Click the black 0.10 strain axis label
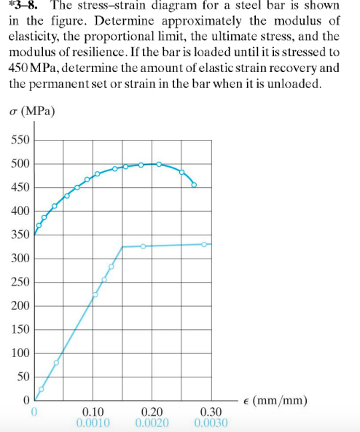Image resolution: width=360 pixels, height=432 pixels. (x=93, y=412)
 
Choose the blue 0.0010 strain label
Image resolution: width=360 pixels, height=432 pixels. (x=93, y=423)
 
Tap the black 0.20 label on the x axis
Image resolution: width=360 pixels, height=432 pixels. (x=151, y=412)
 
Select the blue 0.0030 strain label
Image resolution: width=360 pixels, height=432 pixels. (x=211, y=423)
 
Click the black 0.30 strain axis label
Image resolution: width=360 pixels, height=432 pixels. (x=211, y=412)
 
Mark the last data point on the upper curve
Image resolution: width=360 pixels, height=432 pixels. (x=194, y=184)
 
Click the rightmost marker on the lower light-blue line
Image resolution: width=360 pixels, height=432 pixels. (x=205, y=244)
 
